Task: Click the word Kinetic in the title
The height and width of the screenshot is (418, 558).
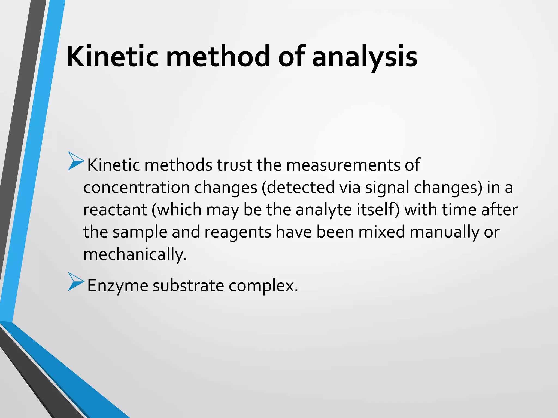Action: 112,57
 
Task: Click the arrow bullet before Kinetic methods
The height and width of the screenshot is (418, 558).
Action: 75,162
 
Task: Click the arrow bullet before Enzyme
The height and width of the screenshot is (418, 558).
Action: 75,282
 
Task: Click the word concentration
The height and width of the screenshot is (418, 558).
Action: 136,188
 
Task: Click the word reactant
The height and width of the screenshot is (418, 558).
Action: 115,210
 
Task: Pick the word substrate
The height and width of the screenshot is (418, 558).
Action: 188,286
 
